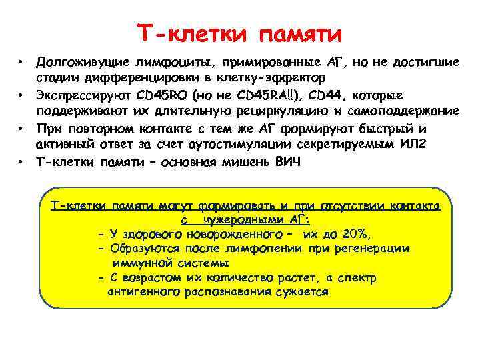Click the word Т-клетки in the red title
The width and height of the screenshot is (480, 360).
click(x=189, y=32)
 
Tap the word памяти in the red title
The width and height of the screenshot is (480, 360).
click(x=299, y=32)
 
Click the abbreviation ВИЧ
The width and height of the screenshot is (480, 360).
click(x=287, y=161)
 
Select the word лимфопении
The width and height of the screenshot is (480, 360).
click(x=265, y=249)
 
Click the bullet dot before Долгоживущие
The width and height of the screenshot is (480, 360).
click(x=22, y=63)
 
